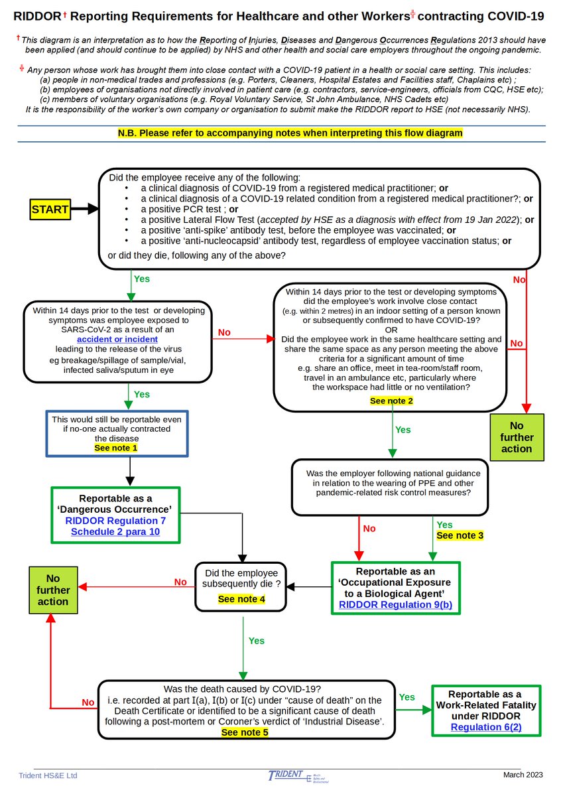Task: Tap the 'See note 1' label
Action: coord(116,448)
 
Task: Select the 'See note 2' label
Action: coord(391,401)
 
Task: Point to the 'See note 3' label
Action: coord(460,535)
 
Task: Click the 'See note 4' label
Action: coord(241,599)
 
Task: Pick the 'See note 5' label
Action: coord(245,732)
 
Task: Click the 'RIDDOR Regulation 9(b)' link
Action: coord(395,604)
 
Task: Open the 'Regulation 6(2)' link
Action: coord(486,727)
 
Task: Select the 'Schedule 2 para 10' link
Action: coord(115,532)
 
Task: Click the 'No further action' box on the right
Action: coord(517,437)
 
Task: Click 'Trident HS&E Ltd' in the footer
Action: coord(48,775)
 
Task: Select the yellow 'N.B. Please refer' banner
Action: coord(290,133)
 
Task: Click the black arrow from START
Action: coord(85,209)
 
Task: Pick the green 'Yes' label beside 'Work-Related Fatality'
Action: coord(407,697)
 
